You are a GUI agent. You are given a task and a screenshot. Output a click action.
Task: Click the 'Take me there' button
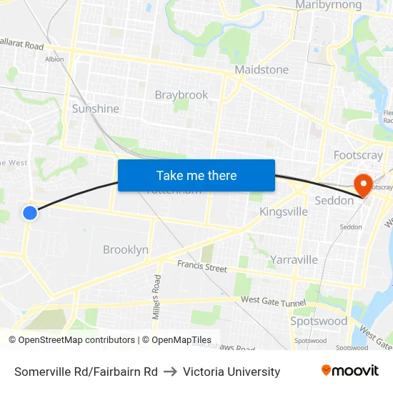[x=196, y=175]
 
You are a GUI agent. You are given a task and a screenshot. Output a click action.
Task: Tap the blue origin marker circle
[x=30, y=212]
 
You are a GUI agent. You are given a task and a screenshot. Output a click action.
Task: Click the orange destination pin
[x=363, y=185]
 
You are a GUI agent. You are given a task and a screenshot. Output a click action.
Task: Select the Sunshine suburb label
[x=95, y=109]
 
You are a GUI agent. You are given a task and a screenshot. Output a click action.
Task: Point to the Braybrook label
[x=181, y=95]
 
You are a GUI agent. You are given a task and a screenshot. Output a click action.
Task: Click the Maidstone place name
[x=262, y=70]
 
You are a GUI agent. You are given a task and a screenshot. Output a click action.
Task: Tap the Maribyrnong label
[x=329, y=5]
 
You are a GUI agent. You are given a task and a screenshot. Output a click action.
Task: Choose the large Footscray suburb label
[x=358, y=155]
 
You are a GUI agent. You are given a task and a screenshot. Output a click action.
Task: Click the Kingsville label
[x=284, y=212]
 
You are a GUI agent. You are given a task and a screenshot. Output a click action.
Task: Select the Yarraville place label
[x=294, y=259]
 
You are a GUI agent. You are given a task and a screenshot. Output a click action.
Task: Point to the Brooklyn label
[x=126, y=249]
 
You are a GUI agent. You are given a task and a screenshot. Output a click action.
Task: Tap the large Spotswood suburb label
[x=319, y=321]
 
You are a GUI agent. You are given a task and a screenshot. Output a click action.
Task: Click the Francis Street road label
[x=202, y=267]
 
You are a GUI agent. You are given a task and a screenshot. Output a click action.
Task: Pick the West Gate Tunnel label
[x=273, y=302]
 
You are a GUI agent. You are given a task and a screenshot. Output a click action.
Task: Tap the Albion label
[x=54, y=59]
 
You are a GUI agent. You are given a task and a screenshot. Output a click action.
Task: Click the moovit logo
[x=350, y=371]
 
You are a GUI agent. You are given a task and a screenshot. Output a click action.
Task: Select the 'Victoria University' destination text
[x=232, y=372]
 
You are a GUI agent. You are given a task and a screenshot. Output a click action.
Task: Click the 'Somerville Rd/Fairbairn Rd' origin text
[x=86, y=372]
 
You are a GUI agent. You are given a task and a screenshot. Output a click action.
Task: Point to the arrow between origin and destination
[x=170, y=372]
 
